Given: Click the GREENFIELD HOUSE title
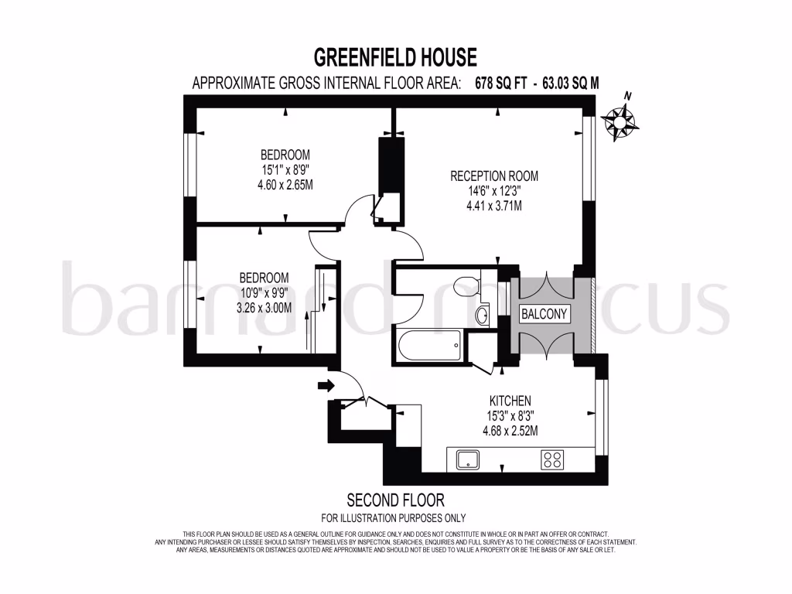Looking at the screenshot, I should point(395,56).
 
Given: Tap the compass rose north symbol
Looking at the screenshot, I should point(620,120).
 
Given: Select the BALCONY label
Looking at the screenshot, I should point(545,315).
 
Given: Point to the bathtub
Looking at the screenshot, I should point(428,346).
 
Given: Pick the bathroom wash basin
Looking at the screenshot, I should point(483,315).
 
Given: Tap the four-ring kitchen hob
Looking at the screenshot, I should point(552,460).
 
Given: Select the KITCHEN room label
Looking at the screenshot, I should point(510,401).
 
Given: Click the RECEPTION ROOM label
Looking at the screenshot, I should point(494,176).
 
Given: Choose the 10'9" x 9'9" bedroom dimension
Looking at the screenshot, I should point(265,293).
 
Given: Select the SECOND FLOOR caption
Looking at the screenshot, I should point(395,500).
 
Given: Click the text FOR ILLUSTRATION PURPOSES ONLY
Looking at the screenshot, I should point(394,517).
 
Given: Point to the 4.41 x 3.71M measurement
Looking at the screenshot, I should point(494,206).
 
